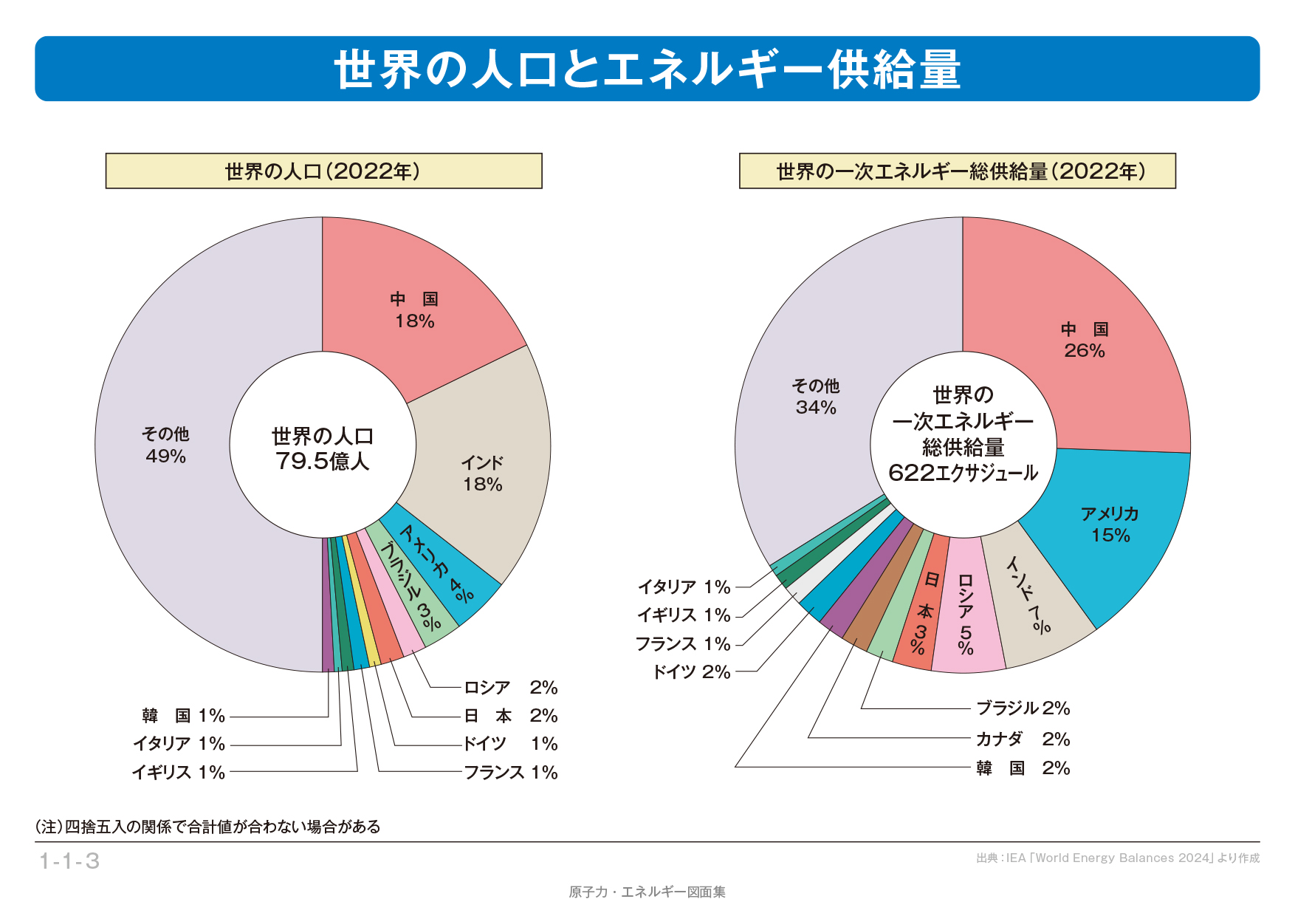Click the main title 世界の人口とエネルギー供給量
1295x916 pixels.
pos(647,69)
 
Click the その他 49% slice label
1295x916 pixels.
pos(165,445)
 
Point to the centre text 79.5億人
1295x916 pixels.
pos(322,462)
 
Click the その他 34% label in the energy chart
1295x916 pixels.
pos(816,397)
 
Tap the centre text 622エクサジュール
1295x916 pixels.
pos(963,473)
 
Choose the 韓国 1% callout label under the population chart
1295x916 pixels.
pos(183,716)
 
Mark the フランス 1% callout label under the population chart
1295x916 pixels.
pos(510,773)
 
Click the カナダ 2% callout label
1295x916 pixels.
pos(1023,739)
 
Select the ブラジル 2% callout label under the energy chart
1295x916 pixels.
pos(1023,708)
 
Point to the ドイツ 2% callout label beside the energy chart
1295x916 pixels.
pos(691,672)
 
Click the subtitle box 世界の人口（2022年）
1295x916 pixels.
pos(323,171)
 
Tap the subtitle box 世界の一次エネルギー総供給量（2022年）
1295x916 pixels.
pos(957,171)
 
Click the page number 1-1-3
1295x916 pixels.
pos(69,861)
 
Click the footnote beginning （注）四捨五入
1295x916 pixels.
pos(207,827)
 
